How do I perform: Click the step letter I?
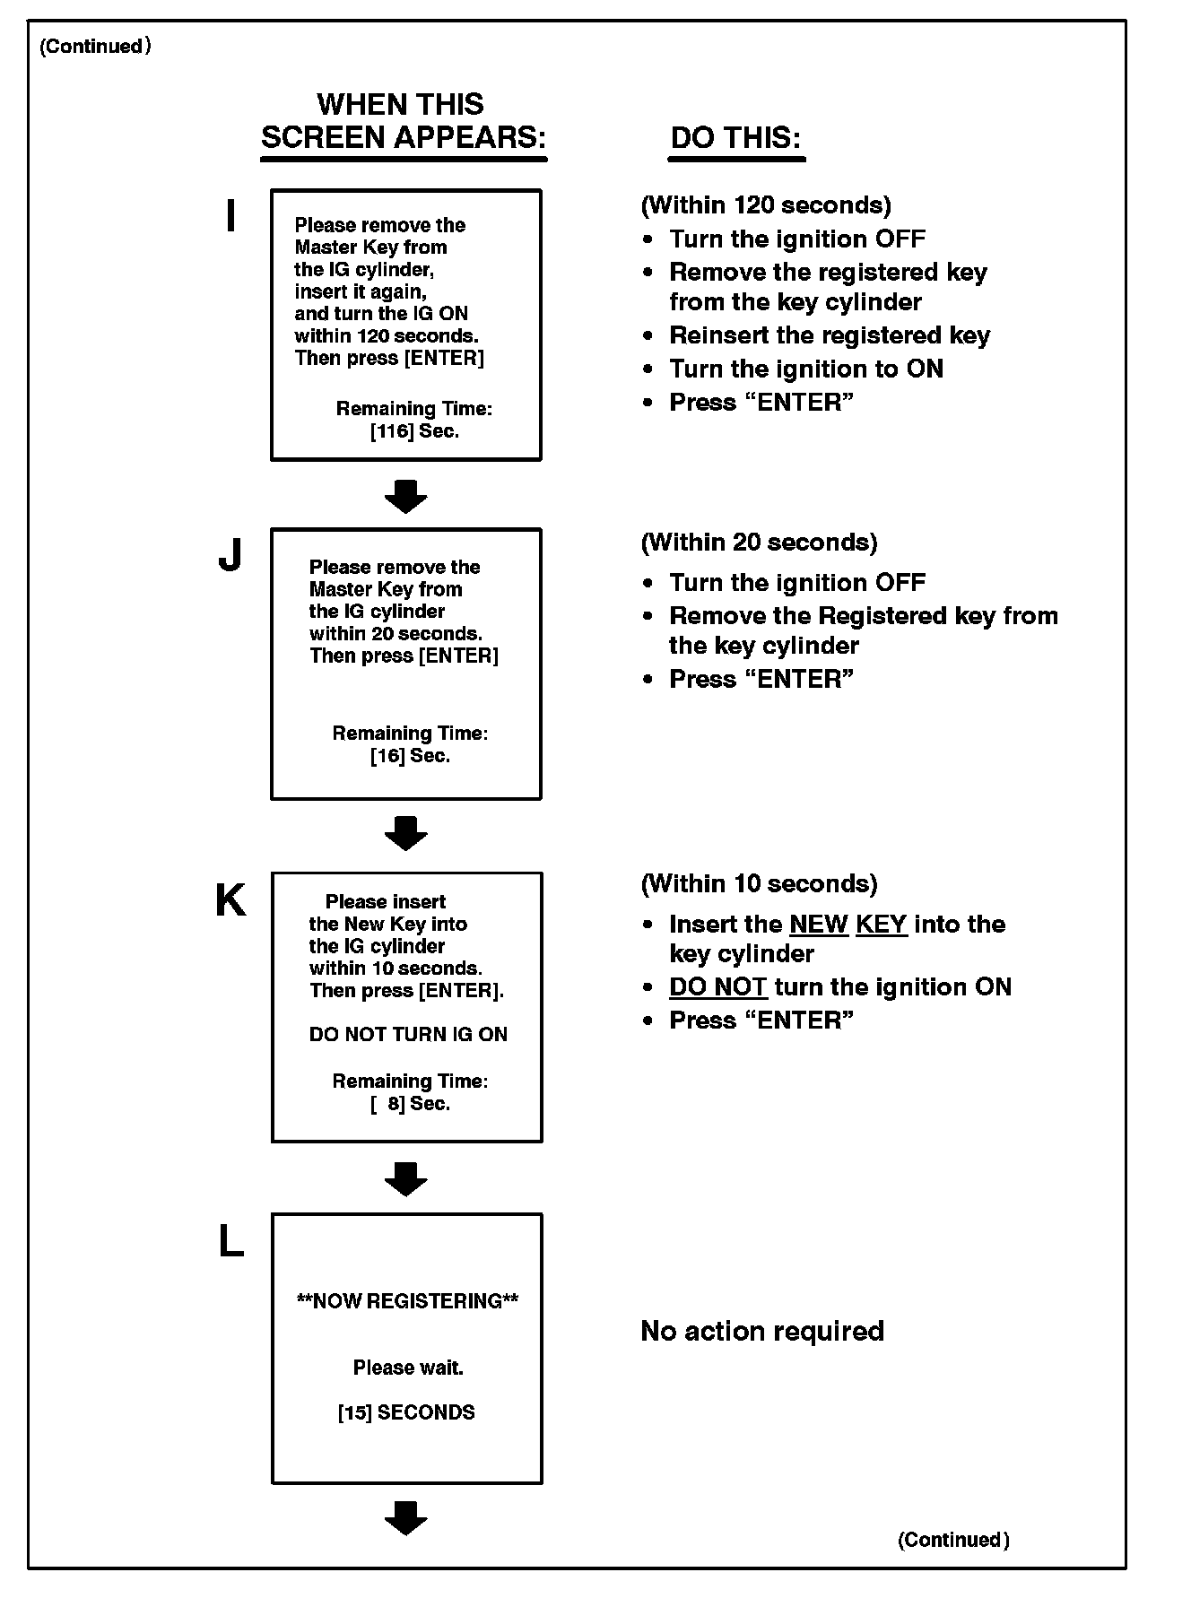pyautogui.click(x=230, y=217)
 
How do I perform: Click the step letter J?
pyautogui.click(x=230, y=555)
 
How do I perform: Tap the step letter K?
pyautogui.click(x=230, y=900)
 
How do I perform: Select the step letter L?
pyautogui.click(x=231, y=1242)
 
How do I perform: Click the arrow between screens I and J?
pyautogui.click(x=406, y=496)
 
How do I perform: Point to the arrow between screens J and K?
pyautogui.click(x=406, y=833)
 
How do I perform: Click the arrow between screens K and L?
pyautogui.click(x=406, y=1178)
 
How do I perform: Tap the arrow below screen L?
pyautogui.click(x=406, y=1517)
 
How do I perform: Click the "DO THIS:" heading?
pyautogui.click(x=735, y=138)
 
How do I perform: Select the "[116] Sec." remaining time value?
pyautogui.click(x=414, y=431)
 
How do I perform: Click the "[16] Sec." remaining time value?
pyautogui.click(x=410, y=756)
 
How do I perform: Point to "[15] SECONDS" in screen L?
pyautogui.click(x=406, y=1412)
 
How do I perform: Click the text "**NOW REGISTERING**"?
pyautogui.click(x=407, y=1301)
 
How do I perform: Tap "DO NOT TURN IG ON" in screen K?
pyautogui.click(x=408, y=1034)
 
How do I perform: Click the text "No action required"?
pyautogui.click(x=762, y=1331)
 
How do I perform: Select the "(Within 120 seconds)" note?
pyautogui.click(x=766, y=205)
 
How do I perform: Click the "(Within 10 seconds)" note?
pyautogui.click(x=759, y=884)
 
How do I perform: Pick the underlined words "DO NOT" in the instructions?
pyautogui.click(x=717, y=987)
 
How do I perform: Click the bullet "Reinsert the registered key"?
pyautogui.click(x=830, y=335)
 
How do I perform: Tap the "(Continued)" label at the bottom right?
pyautogui.click(x=953, y=1540)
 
